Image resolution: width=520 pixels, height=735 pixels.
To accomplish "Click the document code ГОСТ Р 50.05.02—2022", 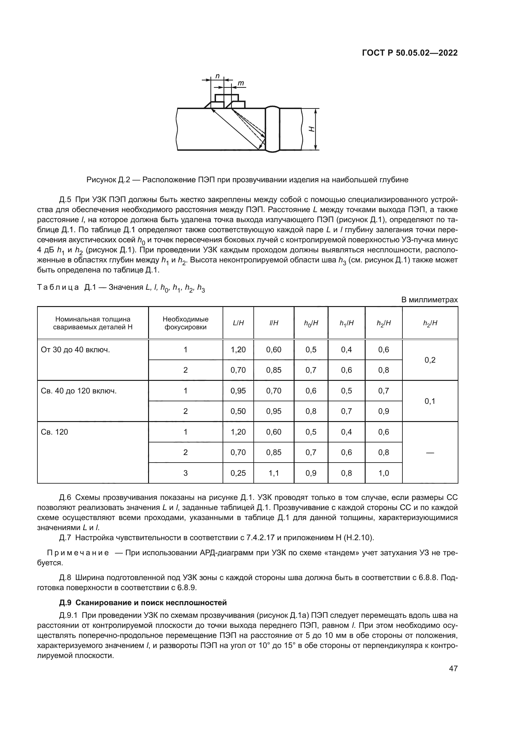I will [410, 53].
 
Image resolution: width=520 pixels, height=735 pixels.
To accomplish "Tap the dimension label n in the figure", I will [218, 76].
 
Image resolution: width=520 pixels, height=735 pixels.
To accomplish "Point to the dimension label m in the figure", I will [241, 84].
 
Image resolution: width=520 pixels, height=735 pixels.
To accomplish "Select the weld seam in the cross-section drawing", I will [273, 129].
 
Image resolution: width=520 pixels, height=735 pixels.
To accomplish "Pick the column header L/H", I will [238, 323].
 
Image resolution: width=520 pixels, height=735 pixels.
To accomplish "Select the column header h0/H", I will [311, 323].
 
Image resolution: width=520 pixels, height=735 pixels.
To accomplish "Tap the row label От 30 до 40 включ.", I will [75, 350].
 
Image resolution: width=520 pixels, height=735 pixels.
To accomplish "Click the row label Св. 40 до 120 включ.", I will [79, 391].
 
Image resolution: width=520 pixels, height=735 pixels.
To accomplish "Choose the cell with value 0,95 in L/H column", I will [238, 391].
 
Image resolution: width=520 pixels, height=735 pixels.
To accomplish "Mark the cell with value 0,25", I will [238, 473].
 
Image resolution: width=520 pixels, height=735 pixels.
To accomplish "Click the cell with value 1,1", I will [274, 473].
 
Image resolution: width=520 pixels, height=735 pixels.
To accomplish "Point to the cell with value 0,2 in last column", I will [430, 360].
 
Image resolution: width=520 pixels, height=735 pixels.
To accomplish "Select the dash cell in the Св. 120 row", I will [430, 453].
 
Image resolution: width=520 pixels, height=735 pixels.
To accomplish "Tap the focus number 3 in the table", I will [185, 473].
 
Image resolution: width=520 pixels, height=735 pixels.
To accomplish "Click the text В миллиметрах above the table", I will [429, 300].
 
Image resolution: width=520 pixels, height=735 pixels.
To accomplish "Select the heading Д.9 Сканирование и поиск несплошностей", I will [143, 603].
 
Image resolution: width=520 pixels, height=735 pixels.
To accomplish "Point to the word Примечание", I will [78, 553].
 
